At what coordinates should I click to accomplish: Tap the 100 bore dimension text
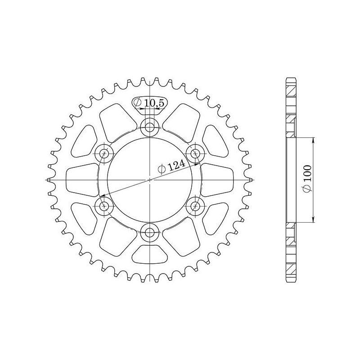click(308, 174)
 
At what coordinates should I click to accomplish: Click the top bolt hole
click(150, 127)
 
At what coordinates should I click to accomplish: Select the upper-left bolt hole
click(104, 153)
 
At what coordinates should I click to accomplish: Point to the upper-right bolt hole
click(195, 153)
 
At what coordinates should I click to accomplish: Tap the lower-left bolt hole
click(104, 206)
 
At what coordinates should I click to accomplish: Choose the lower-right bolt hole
click(195, 206)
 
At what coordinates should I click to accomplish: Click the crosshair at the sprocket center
click(150, 180)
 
